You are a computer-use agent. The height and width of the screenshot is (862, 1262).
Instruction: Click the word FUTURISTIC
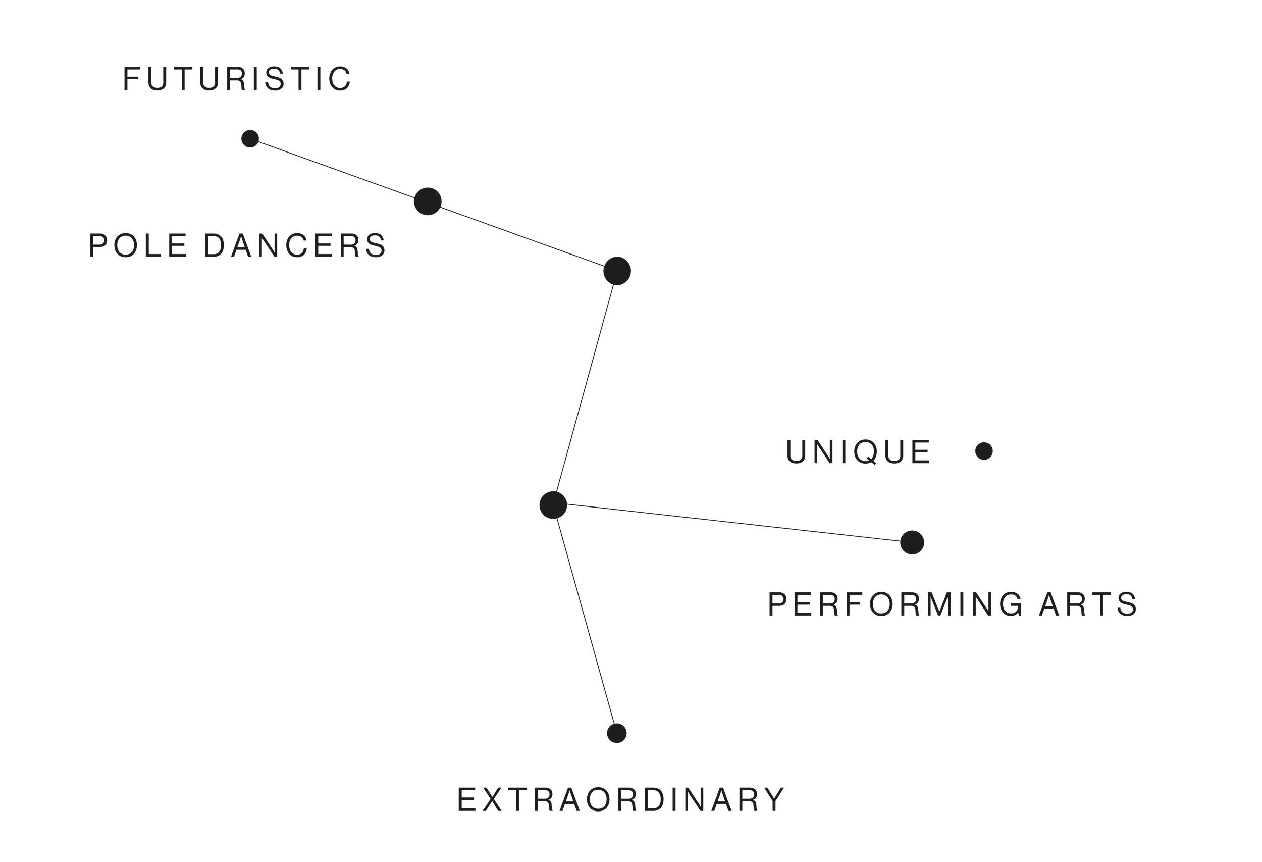coord(237,79)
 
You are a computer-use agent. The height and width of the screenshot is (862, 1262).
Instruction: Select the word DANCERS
coord(295,245)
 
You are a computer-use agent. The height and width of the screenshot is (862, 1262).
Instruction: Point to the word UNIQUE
coord(858,452)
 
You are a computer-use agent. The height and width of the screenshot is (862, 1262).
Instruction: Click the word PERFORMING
coord(896,604)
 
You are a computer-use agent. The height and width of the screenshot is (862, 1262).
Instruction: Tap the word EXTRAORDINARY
coord(621,799)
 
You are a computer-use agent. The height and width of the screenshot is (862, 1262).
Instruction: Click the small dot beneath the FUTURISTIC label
coord(250,138)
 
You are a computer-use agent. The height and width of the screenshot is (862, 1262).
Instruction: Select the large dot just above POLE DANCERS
coord(428,201)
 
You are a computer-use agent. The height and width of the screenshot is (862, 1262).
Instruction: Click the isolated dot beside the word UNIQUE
coord(984,451)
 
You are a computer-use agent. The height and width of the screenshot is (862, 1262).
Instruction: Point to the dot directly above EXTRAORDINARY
coord(617,733)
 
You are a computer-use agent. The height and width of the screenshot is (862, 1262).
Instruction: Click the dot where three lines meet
coord(553,505)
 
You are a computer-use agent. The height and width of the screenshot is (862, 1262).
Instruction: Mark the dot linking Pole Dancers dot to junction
coord(617,271)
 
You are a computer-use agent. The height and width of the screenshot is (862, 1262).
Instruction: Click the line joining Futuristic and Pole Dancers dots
coord(337,170)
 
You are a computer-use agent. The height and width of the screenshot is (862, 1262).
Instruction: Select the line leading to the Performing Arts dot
coord(733,524)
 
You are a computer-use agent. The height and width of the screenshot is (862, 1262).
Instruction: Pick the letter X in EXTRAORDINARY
coord(492,799)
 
